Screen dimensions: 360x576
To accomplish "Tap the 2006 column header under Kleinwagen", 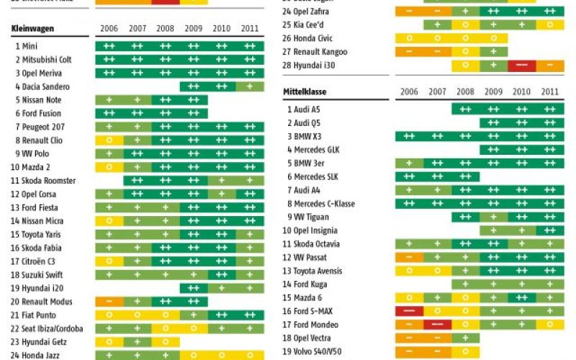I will click(x=109, y=29).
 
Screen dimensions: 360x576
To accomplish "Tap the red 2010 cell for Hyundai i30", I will click(x=522, y=66).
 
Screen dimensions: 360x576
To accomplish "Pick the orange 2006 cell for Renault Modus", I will click(x=109, y=302).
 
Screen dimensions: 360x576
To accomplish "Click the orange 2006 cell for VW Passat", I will click(x=409, y=258).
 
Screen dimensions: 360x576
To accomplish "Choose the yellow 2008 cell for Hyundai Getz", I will click(x=166, y=342).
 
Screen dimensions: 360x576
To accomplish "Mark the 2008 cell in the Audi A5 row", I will click(x=465, y=109).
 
